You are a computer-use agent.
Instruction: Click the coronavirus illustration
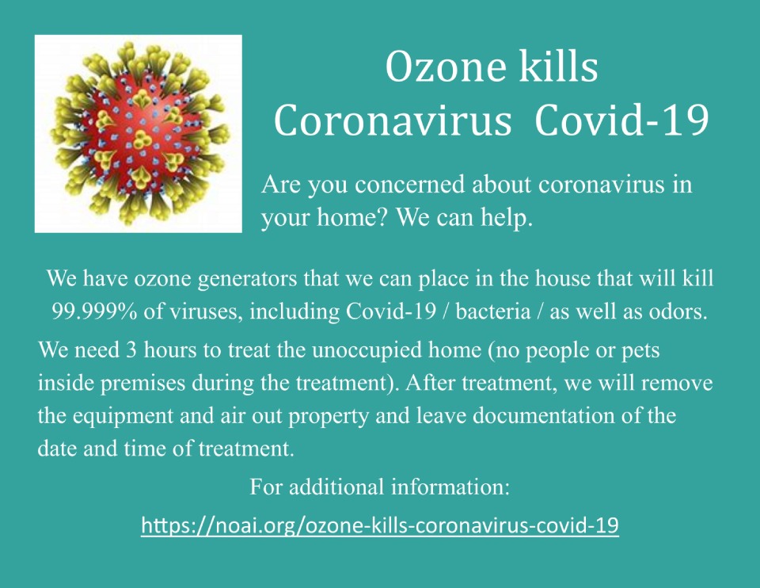[x=139, y=134]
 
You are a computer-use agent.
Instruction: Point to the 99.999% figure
[x=94, y=311]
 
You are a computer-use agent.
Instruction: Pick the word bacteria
[x=493, y=311]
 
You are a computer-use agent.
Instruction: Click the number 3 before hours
[x=131, y=350]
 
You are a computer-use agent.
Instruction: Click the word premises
[x=143, y=384]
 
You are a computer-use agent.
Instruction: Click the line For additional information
[x=379, y=487]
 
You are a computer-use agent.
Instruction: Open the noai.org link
[x=380, y=525]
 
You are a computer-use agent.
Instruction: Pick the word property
[x=328, y=417]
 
